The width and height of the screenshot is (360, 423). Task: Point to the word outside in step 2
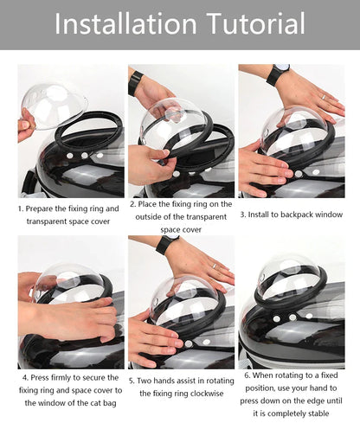(155, 217)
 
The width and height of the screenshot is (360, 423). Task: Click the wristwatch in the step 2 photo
(135, 82)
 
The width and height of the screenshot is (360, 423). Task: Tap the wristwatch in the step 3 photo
(274, 74)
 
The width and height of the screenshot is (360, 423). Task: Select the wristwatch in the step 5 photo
(164, 245)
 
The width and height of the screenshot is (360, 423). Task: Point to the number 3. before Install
(243, 214)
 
